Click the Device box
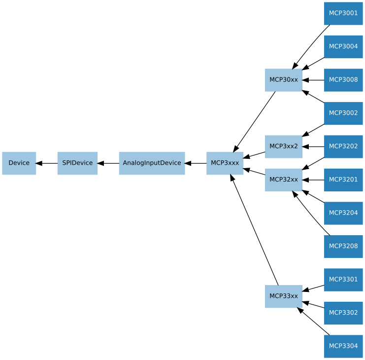click(19, 163)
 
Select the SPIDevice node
click(77, 163)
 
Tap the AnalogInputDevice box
click(152, 163)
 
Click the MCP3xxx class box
click(225, 163)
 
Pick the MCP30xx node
click(283, 80)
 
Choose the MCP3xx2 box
click(283, 146)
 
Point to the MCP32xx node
click(283, 180)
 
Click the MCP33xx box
click(283, 296)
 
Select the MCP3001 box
click(343, 13)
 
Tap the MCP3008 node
click(343, 80)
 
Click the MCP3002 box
click(343, 113)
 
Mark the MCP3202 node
click(343, 146)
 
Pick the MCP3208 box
click(343, 246)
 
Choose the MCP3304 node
click(343, 346)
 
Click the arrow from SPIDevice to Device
click(47, 163)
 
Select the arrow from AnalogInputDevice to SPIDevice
click(108, 163)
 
